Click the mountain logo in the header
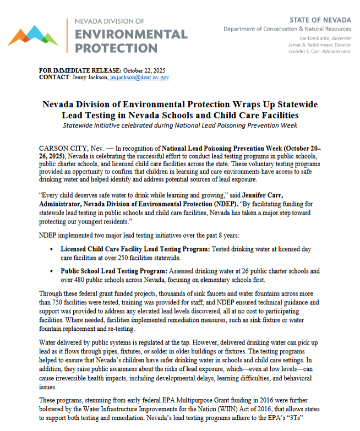click(x=33, y=35)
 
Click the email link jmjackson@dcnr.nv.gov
click(x=139, y=78)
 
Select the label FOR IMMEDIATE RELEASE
click(x=80, y=71)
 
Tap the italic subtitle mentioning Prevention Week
click(x=179, y=126)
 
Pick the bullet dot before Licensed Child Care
click(x=51, y=249)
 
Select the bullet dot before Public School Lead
click(x=51, y=271)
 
